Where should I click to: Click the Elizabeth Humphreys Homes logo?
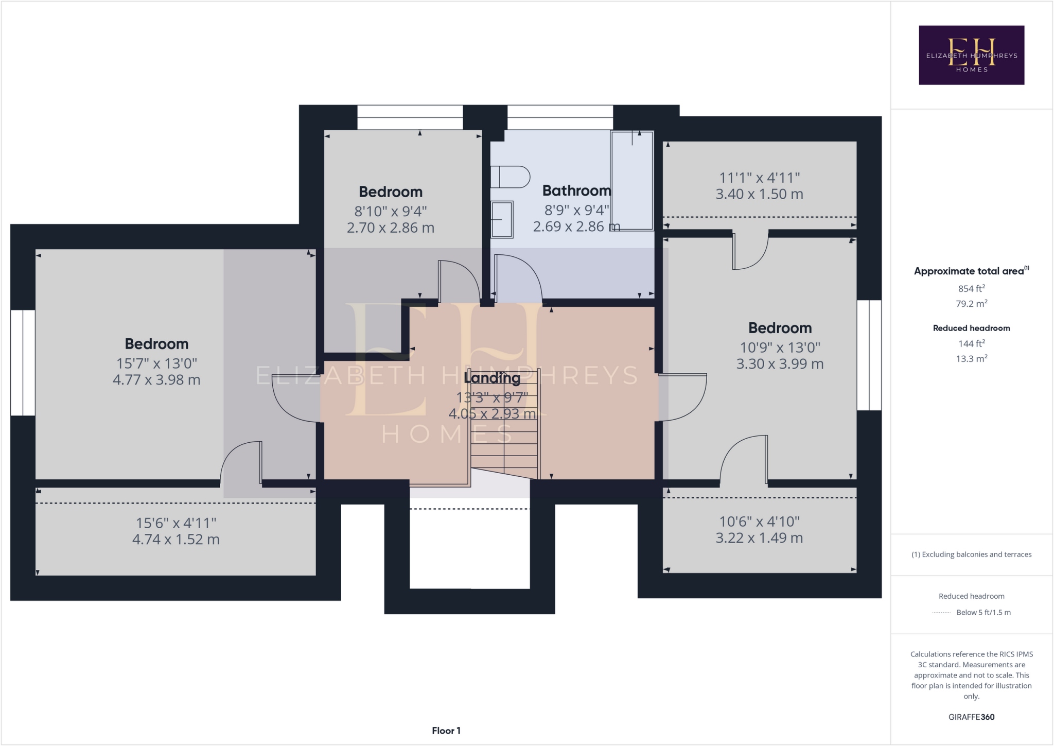[971, 55]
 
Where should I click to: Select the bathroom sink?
[502, 219]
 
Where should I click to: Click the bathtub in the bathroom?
[632, 180]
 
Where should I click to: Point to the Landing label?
[492, 378]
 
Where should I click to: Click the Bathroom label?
[576, 191]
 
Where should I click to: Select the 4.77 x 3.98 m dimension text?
[156, 380]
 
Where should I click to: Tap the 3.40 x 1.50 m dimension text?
[759, 194]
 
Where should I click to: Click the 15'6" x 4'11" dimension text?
[176, 523]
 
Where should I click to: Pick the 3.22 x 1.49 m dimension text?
[759, 538]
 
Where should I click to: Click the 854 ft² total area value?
[971, 289]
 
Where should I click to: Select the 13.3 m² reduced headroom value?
[971, 359]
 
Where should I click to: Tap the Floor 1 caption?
[446, 731]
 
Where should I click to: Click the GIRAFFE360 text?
[971, 717]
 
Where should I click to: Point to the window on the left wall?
[23, 362]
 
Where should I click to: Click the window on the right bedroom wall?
[869, 355]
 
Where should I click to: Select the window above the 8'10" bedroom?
[410, 117]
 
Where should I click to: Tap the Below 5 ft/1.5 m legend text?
[983, 612]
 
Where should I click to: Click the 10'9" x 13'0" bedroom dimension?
[780, 348]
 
